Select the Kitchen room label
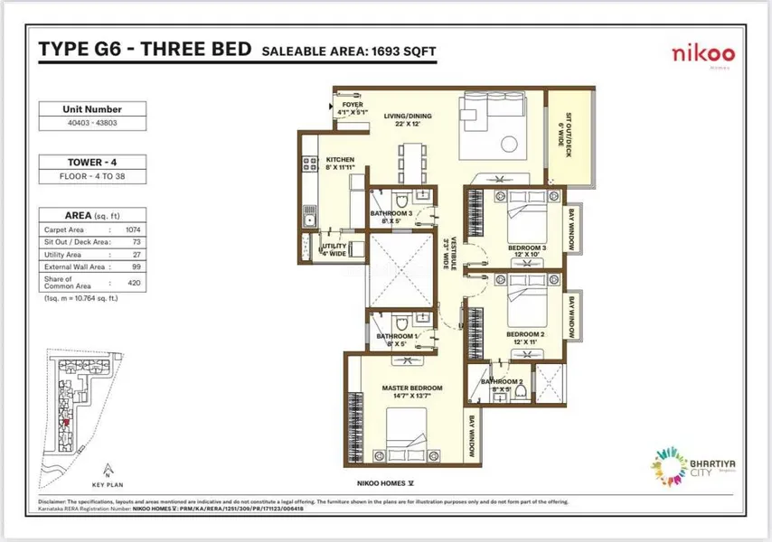coord(340,159)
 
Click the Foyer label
coord(352,106)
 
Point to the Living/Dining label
coord(408,117)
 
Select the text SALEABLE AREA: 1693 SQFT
coord(349,52)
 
